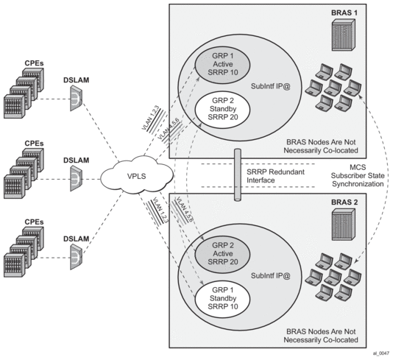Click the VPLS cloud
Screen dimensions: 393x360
137,175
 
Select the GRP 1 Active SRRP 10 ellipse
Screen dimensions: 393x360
222,65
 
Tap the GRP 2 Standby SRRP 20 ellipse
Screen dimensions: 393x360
222,109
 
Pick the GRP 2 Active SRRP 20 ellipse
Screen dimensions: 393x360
222,254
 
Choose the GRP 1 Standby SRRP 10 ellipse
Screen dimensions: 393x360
222,298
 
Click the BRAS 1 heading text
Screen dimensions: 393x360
344,13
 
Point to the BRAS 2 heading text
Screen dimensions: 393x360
344,202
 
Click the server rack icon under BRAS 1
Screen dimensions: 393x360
344,35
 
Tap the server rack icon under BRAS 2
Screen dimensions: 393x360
344,225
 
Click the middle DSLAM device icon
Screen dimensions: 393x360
76,178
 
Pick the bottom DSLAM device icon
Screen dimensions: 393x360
76,257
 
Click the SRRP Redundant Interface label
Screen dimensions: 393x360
275,176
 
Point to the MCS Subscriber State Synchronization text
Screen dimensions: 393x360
358,175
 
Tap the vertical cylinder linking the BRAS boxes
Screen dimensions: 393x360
238,174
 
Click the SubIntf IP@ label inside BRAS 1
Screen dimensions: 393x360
271,86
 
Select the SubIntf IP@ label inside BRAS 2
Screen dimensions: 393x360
271,276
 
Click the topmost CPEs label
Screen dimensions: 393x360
34,63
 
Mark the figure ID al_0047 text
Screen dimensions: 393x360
381,353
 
